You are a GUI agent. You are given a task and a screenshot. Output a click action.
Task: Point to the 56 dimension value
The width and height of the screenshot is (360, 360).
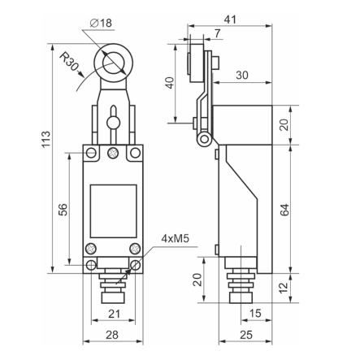[63, 210]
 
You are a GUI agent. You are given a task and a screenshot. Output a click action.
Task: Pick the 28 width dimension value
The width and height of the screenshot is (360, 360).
[113, 336]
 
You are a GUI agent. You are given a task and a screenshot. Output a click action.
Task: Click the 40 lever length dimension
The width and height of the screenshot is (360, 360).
[169, 84]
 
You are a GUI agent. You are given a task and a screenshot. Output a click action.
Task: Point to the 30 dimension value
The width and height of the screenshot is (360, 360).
[241, 75]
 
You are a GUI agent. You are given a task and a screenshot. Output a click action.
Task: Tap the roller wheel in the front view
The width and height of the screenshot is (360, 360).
[111, 61]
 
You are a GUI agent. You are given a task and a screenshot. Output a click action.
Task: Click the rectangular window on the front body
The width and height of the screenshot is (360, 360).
[112, 207]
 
